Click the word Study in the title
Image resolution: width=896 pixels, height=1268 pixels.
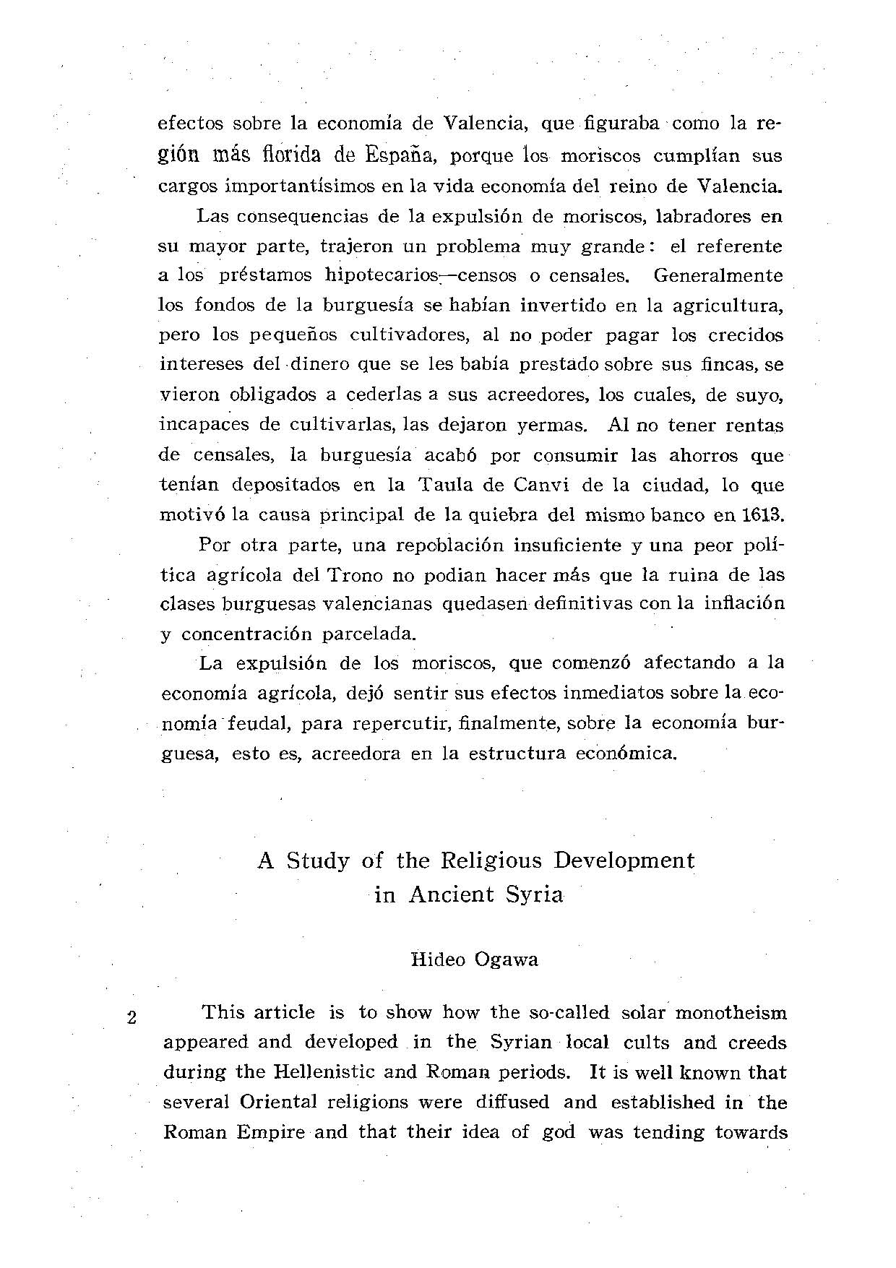pyautogui.click(x=318, y=861)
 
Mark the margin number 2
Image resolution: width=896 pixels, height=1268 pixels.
pyautogui.click(x=132, y=1018)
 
